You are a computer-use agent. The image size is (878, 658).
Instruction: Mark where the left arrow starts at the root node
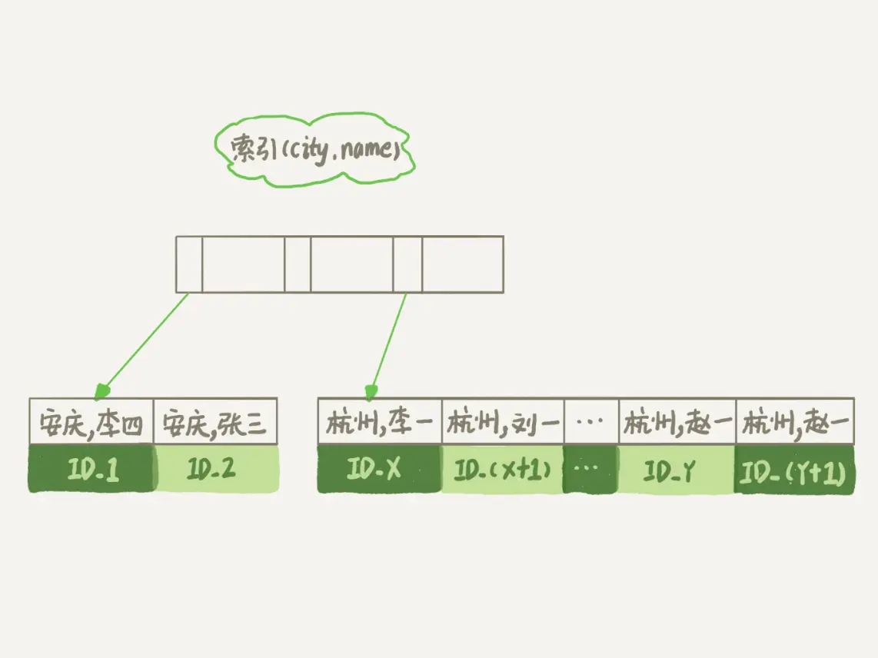pyautogui.click(x=188, y=293)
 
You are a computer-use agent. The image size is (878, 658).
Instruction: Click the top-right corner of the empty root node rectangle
pyautogui.click(x=504, y=236)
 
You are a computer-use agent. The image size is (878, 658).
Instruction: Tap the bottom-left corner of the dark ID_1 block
pyautogui.click(x=30, y=492)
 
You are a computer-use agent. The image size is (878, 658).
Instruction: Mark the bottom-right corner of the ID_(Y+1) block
pyautogui.click(x=854, y=493)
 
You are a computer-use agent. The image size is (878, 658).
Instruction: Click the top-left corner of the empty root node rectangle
pyautogui.click(x=176, y=236)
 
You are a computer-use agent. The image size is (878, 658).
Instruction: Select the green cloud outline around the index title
pyautogui.click(x=314, y=149)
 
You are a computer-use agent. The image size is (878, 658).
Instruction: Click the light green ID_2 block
pyautogui.click(x=215, y=468)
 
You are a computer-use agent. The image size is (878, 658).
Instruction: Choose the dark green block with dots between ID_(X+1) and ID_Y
pyautogui.click(x=590, y=469)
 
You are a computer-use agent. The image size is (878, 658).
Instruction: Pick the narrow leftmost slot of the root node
pyautogui.click(x=189, y=264)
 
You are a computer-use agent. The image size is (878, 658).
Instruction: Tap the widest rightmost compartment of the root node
pyautogui.click(x=463, y=264)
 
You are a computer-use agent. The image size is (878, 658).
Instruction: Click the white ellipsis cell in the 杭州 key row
pyautogui.click(x=591, y=421)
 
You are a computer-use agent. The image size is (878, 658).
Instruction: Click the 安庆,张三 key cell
pyautogui.click(x=215, y=421)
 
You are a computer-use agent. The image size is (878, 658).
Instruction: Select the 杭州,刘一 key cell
pyautogui.click(x=503, y=421)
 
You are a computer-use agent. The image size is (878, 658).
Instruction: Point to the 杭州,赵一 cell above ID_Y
pyautogui.click(x=677, y=421)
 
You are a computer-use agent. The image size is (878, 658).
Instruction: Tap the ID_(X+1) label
pyautogui.click(x=502, y=469)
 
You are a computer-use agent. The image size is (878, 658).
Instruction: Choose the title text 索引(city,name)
pyautogui.click(x=315, y=149)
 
